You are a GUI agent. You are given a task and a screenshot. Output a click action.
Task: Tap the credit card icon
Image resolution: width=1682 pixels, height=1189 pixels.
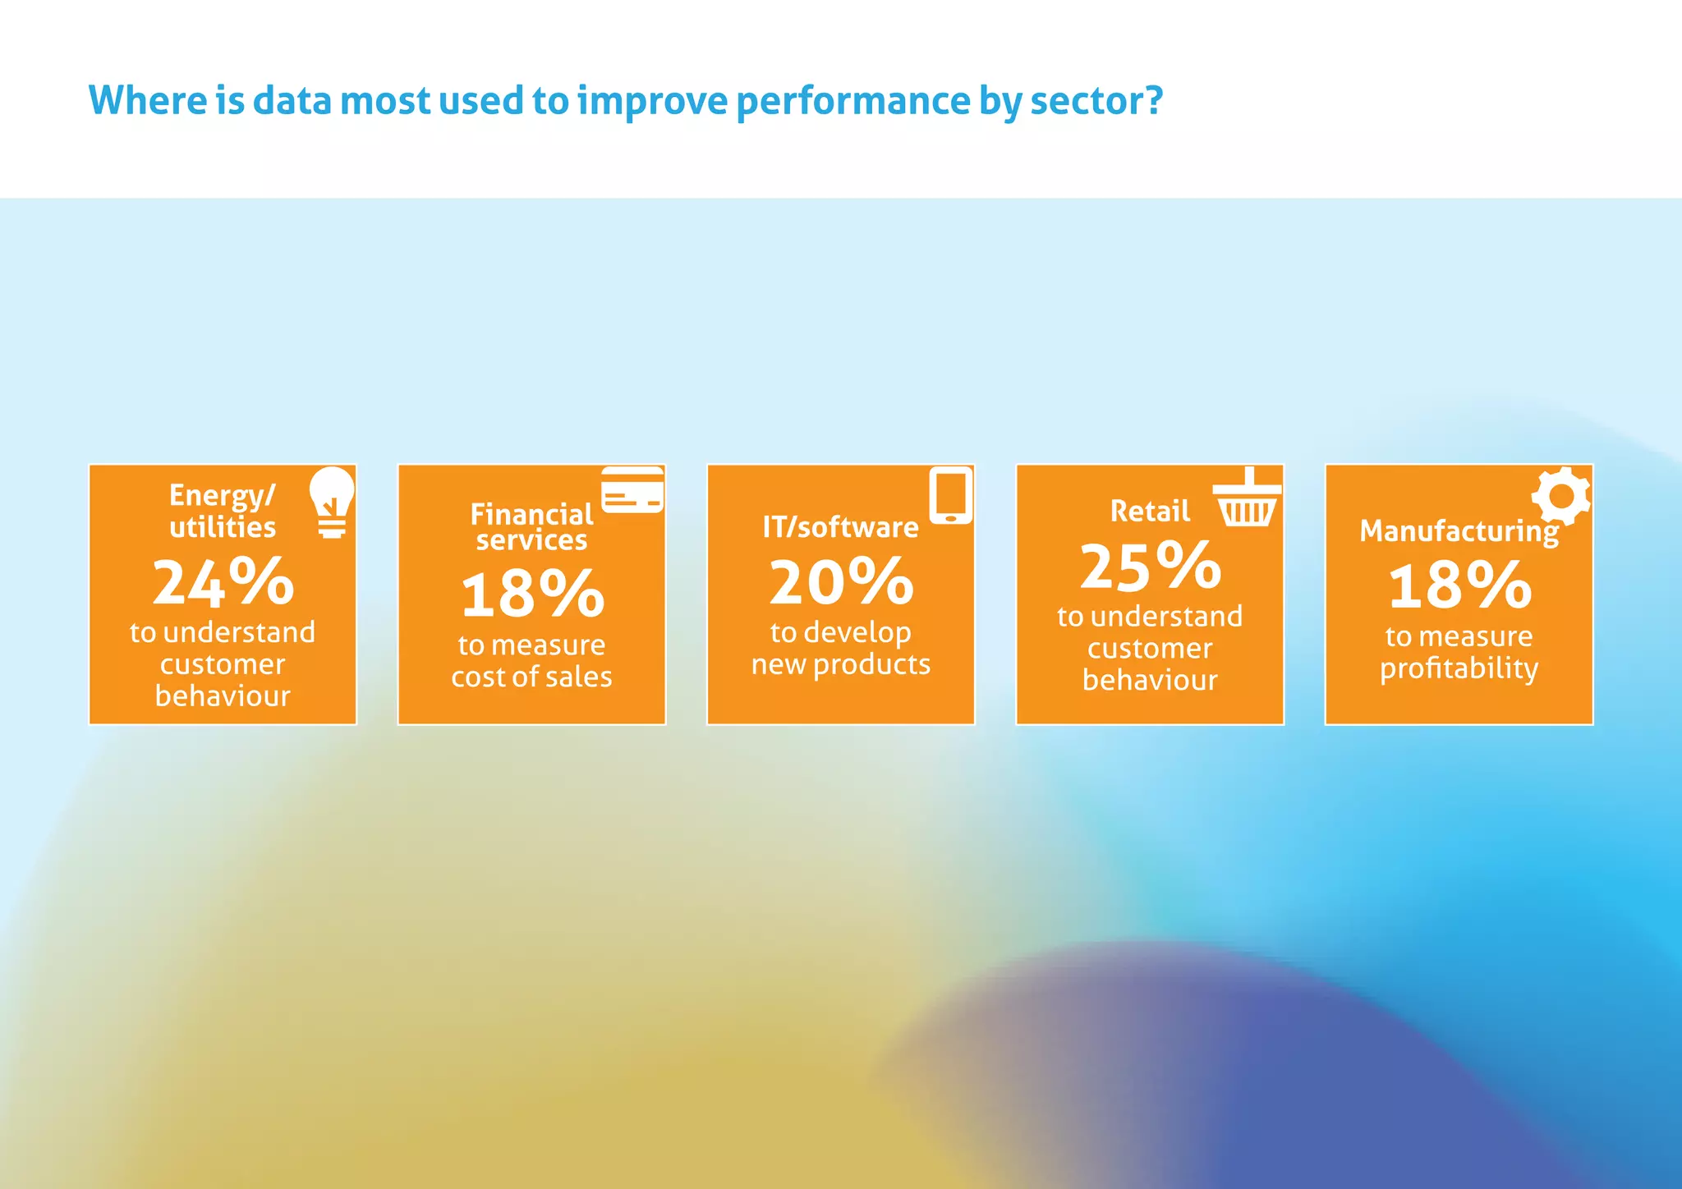632,490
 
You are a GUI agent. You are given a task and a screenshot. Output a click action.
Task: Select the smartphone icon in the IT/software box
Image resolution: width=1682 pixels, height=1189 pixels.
950,495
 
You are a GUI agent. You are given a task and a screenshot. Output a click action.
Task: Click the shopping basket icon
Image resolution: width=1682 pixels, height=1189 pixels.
1247,499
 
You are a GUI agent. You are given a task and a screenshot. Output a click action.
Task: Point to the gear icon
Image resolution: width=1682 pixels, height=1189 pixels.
1560,496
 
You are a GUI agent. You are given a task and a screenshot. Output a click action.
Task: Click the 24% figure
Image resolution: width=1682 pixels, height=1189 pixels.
223,581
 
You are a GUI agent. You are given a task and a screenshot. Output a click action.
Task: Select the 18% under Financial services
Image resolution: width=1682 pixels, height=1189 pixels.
532,594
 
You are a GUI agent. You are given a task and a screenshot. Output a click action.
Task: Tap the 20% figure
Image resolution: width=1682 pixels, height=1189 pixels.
841,581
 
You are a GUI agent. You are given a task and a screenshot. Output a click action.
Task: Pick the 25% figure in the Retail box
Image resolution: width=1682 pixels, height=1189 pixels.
1150,567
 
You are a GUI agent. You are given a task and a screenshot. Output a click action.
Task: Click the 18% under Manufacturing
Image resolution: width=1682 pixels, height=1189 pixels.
1459,585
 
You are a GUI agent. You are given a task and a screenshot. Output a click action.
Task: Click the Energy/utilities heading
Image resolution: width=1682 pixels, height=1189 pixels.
223,511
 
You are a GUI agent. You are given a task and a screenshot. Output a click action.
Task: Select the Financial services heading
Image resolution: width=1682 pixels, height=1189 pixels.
531,526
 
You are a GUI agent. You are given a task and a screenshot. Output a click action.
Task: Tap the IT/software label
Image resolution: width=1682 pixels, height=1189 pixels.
840,527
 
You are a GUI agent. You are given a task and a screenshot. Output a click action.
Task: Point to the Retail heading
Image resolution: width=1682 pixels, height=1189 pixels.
1150,512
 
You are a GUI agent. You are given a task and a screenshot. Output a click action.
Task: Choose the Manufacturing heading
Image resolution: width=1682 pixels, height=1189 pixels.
1459,531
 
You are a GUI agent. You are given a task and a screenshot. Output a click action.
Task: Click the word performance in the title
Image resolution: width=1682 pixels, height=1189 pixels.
852,102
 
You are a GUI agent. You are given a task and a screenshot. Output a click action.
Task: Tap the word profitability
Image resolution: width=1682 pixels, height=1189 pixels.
1459,668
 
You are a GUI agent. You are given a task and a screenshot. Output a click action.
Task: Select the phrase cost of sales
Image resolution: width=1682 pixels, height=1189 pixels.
531,677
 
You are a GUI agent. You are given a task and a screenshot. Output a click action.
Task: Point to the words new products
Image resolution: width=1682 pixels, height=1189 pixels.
841,664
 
